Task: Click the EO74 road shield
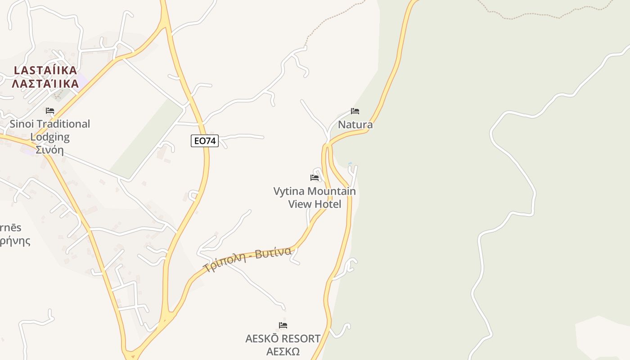[205, 141]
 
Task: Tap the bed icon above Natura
[355, 111]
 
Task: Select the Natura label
[355, 125]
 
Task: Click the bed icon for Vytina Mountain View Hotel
[315, 178]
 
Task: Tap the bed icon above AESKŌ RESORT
[283, 325]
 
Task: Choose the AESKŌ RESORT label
[283, 338]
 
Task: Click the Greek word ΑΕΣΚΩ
[283, 351]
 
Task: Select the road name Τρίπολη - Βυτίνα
[247, 260]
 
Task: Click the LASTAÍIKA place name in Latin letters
[45, 71]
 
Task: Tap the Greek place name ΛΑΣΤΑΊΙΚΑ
[45, 84]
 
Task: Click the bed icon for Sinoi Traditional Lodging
[50, 111]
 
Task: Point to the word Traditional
[63, 124]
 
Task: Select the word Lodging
[50, 137]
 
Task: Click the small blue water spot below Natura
[350, 163]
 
